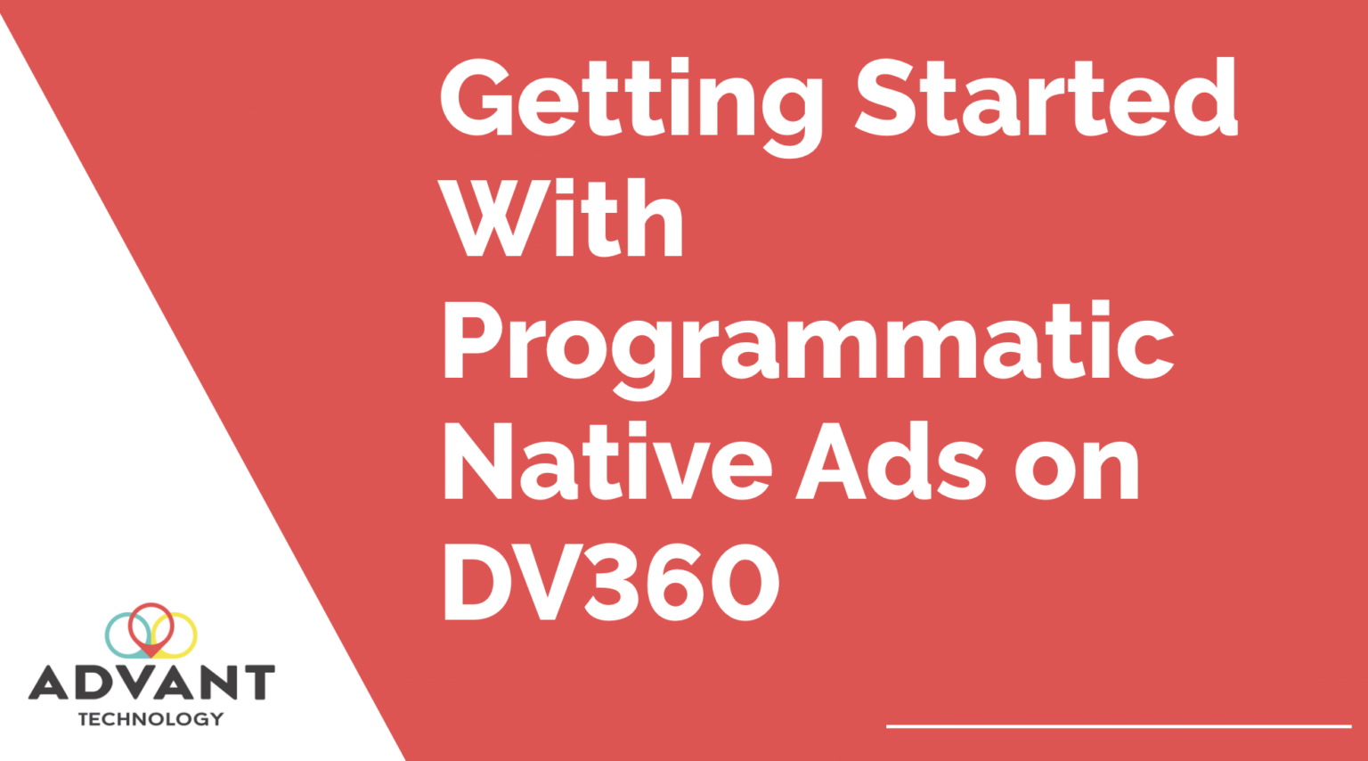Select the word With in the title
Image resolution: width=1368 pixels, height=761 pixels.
tap(560, 218)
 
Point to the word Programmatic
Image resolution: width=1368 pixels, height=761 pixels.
tap(807, 343)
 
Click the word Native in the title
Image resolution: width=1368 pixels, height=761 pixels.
tap(607, 463)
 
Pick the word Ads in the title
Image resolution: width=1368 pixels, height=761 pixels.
tap(891, 463)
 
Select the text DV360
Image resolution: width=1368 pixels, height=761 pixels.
tap(611, 583)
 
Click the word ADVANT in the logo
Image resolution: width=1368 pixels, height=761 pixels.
tap(151, 683)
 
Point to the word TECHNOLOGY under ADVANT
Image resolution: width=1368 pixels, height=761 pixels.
tap(151, 718)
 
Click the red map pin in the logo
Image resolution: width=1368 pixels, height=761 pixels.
tap(151, 626)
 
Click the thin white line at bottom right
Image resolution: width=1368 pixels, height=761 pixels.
tap(1118, 726)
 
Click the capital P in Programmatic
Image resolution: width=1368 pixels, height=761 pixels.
tap(473, 341)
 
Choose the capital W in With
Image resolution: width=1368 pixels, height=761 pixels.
tap(493, 218)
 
